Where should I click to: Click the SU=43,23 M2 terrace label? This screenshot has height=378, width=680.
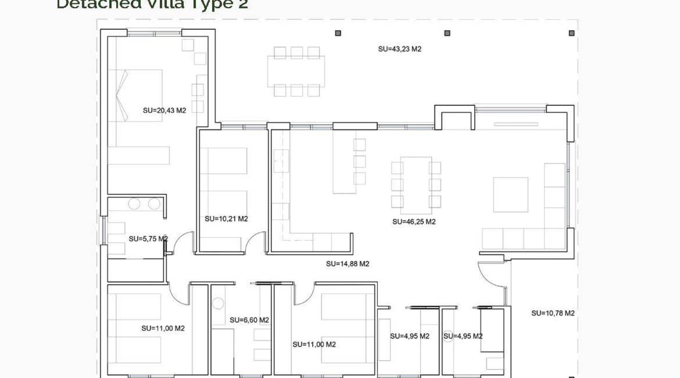(x=399, y=49)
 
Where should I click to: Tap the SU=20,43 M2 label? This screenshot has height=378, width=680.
(x=164, y=111)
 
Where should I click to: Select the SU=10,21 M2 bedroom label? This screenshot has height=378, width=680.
(x=226, y=219)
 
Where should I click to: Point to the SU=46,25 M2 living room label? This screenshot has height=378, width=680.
(x=414, y=222)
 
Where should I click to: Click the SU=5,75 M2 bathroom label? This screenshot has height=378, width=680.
(x=148, y=239)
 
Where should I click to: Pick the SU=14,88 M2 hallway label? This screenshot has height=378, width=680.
(x=348, y=264)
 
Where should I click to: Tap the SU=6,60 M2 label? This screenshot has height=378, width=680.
(x=249, y=320)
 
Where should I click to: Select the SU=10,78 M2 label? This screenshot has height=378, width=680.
(x=553, y=313)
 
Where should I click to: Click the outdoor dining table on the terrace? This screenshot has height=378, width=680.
(x=296, y=71)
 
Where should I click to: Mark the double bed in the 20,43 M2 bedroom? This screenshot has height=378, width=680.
(x=136, y=96)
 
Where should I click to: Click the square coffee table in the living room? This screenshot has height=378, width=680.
(x=510, y=195)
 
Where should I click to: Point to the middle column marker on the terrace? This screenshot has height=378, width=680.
(x=447, y=33)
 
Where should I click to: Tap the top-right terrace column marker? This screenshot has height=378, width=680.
(x=571, y=33)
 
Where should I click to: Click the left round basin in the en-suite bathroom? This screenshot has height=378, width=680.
(x=135, y=204)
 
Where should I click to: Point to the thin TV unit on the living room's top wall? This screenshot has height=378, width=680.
(x=516, y=124)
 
